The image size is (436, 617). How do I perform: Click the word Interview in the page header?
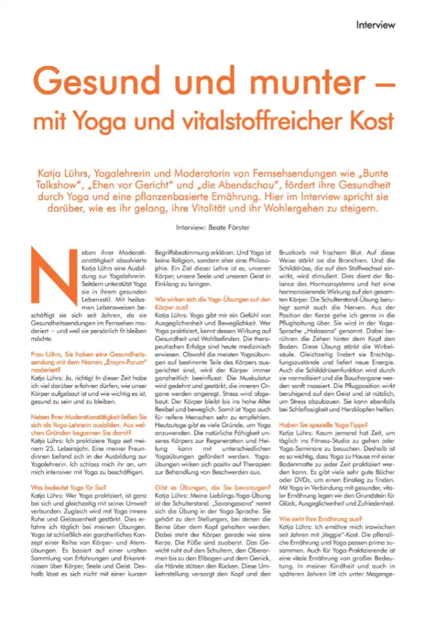(x=375, y=25)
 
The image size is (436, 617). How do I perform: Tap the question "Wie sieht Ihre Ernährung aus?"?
(x=318, y=518)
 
